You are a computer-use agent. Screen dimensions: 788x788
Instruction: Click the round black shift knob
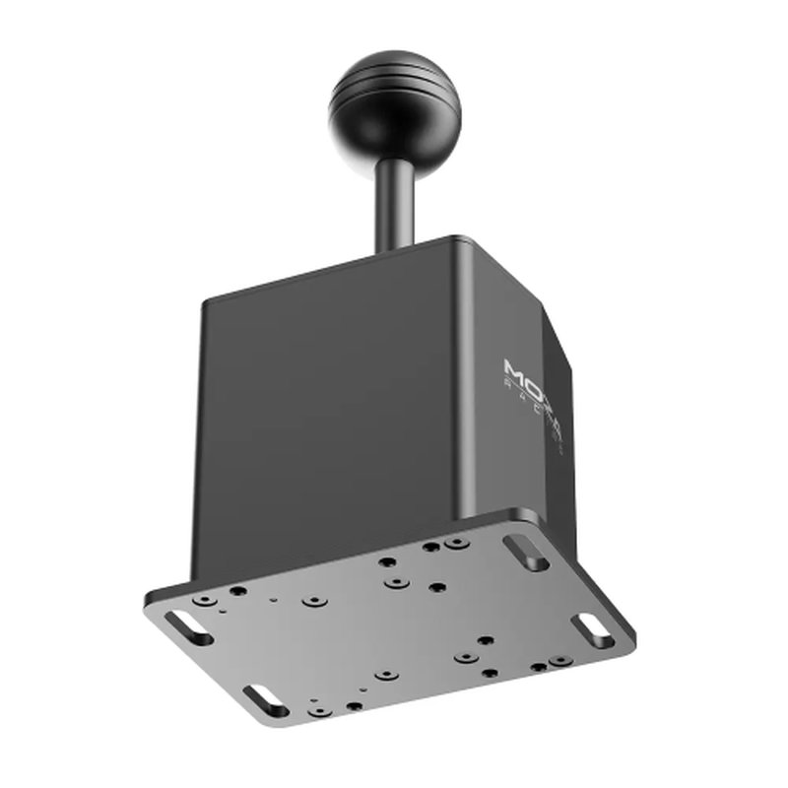(x=394, y=110)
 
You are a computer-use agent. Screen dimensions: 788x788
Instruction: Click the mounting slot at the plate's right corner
(x=595, y=630)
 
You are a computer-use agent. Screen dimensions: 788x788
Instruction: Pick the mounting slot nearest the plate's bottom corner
(x=264, y=700)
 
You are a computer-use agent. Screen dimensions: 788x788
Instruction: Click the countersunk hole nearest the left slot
(x=205, y=599)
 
